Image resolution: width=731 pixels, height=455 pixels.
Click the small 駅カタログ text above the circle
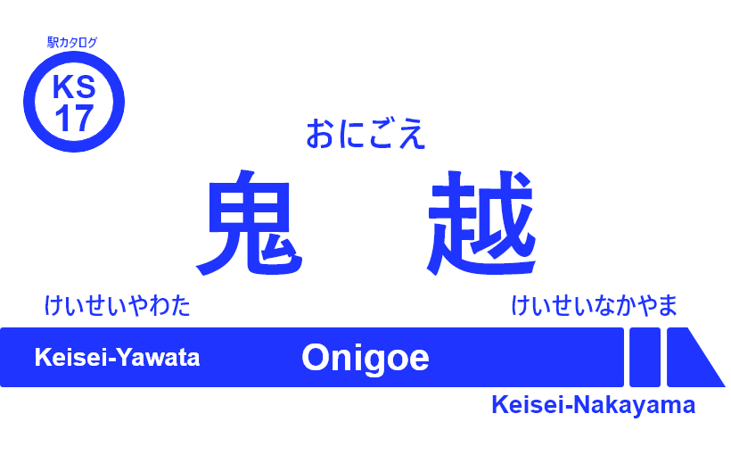pyautogui.click(x=72, y=42)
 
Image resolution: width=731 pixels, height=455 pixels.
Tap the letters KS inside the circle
pyautogui.click(x=73, y=87)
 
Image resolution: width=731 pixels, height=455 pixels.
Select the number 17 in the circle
pyautogui.click(x=73, y=119)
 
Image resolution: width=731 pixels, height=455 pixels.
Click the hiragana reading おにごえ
pyautogui.click(x=365, y=135)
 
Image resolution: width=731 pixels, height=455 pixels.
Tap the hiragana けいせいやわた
pyautogui.click(x=118, y=306)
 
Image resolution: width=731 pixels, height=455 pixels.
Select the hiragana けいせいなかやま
pyautogui.click(x=595, y=306)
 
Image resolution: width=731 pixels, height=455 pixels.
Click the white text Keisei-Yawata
pyautogui.click(x=117, y=358)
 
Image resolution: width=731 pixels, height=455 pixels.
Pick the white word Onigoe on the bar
pyautogui.click(x=365, y=358)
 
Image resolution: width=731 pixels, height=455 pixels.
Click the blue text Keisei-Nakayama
pyautogui.click(x=593, y=405)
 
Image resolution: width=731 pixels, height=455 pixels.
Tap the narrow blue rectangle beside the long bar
pyautogui.click(x=645, y=357)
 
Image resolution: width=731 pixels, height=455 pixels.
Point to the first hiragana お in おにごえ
pyautogui.click(x=320, y=135)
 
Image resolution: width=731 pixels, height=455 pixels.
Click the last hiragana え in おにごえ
pyautogui.click(x=412, y=135)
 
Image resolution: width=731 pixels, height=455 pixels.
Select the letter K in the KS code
pyautogui.click(x=62, y=87)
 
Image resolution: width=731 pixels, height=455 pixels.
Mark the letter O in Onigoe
pyautogui.click(x=316, y=358)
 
